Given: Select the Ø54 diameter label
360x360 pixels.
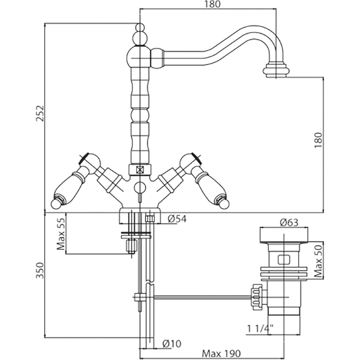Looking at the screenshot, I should (177, 219).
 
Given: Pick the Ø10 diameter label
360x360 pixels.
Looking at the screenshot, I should (171, 343).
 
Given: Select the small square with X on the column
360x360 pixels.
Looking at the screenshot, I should (140, 170).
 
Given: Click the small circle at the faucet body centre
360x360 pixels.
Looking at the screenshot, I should (140, 189).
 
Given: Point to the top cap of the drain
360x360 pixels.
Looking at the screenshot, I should (284, 236).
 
